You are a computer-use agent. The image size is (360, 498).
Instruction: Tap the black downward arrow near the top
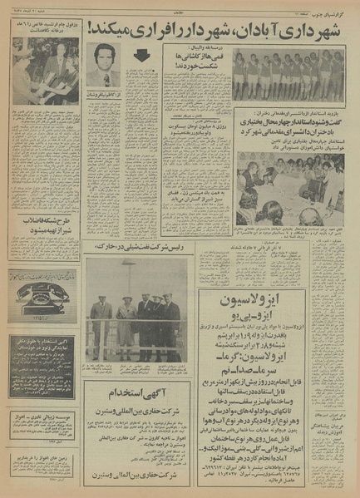[143, 57]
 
